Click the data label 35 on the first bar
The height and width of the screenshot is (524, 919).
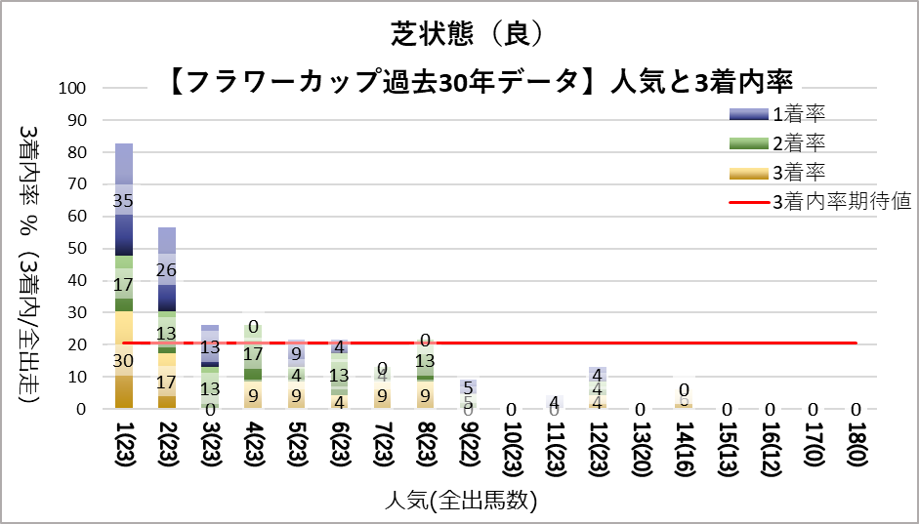(124, 200)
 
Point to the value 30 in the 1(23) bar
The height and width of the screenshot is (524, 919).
(124, 360)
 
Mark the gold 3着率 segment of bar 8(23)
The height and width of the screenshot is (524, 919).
(425, 395)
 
